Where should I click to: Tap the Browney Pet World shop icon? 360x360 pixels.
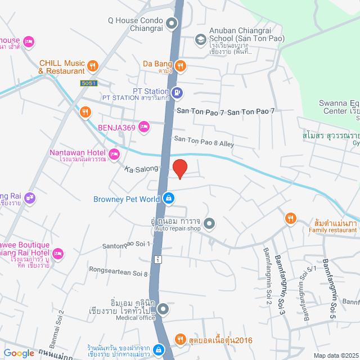168,198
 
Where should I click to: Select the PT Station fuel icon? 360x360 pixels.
177,92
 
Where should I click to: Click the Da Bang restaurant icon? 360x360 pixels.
180,65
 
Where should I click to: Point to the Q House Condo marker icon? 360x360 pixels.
172,24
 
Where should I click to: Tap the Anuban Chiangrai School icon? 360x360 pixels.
200,39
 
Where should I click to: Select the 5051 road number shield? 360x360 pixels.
88,83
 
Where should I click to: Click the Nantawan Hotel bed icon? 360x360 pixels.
114,154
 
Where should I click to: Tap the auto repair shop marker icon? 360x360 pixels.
209,224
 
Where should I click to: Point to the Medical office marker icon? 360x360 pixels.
163,309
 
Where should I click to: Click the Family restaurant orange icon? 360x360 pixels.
290,219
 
